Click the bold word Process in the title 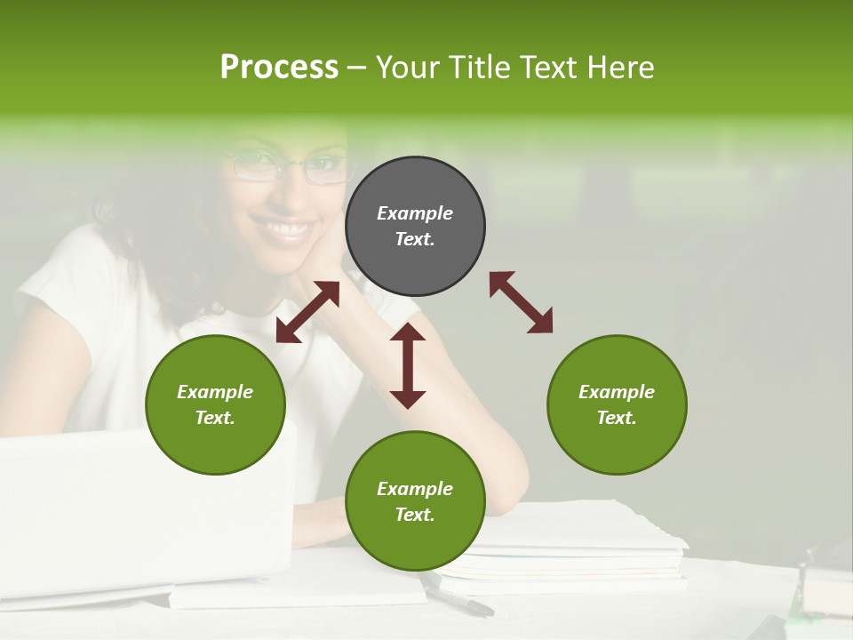pos(279,68)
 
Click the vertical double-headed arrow pos(408,365)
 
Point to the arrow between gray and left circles pos(307,312)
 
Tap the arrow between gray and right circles pos(522,302)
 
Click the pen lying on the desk pos(458,596)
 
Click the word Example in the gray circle pos(415,213)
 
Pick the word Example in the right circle pos(617,392)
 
